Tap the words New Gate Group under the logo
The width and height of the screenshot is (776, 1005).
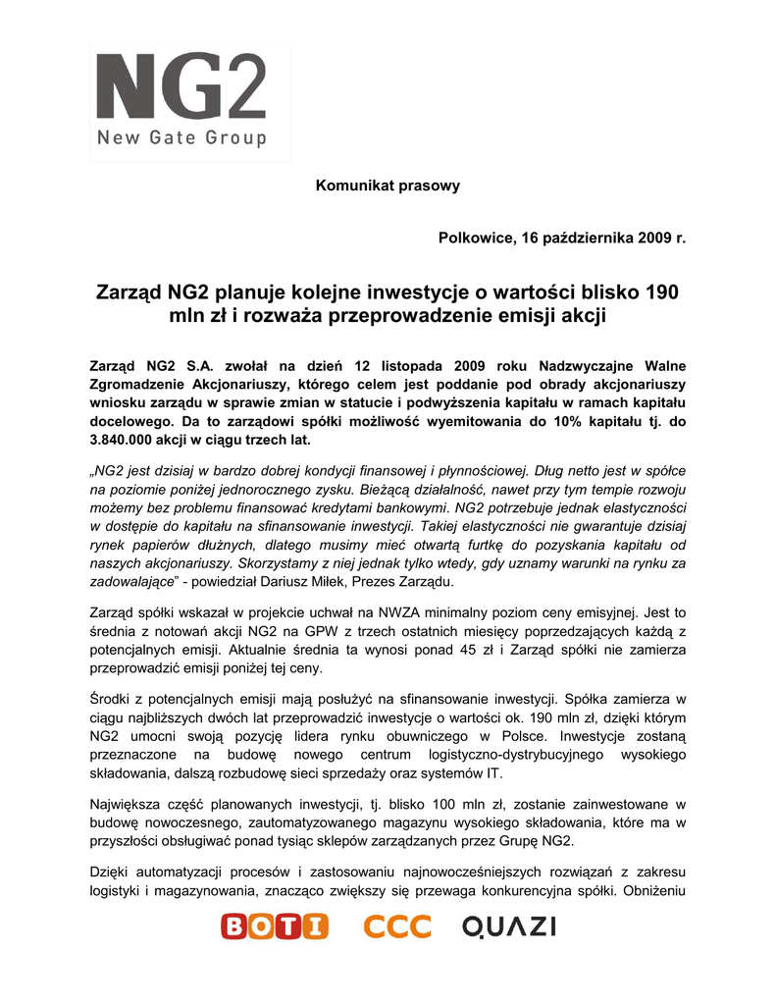click(181, 138)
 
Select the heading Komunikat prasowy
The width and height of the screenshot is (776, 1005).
click(388, 185)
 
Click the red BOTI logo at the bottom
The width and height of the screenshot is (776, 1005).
click(274, 926)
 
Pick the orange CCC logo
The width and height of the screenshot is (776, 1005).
click(397, 926)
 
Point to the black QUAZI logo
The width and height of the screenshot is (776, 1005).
click(509, 926)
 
